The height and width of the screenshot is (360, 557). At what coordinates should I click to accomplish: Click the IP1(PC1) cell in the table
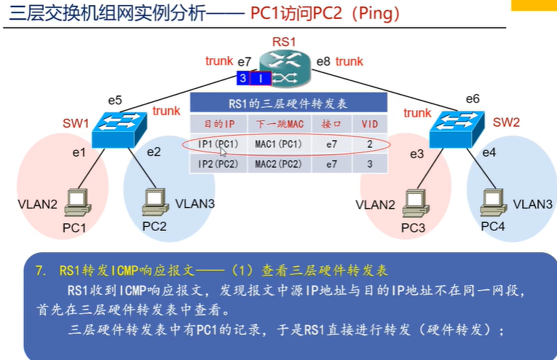tap(218, 144)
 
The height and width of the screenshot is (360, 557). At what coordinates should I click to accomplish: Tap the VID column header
tap(370, 124)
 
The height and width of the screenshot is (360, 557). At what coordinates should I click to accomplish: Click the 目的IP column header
tap(218, 124)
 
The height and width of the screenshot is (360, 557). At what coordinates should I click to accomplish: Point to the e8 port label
tap(323, 62)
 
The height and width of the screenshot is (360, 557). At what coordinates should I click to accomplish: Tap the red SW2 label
tap(507, 122)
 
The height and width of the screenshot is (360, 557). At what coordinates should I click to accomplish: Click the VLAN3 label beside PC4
tap(532, 205)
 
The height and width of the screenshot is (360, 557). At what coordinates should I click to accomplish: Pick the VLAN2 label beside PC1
tap(37, 205)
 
